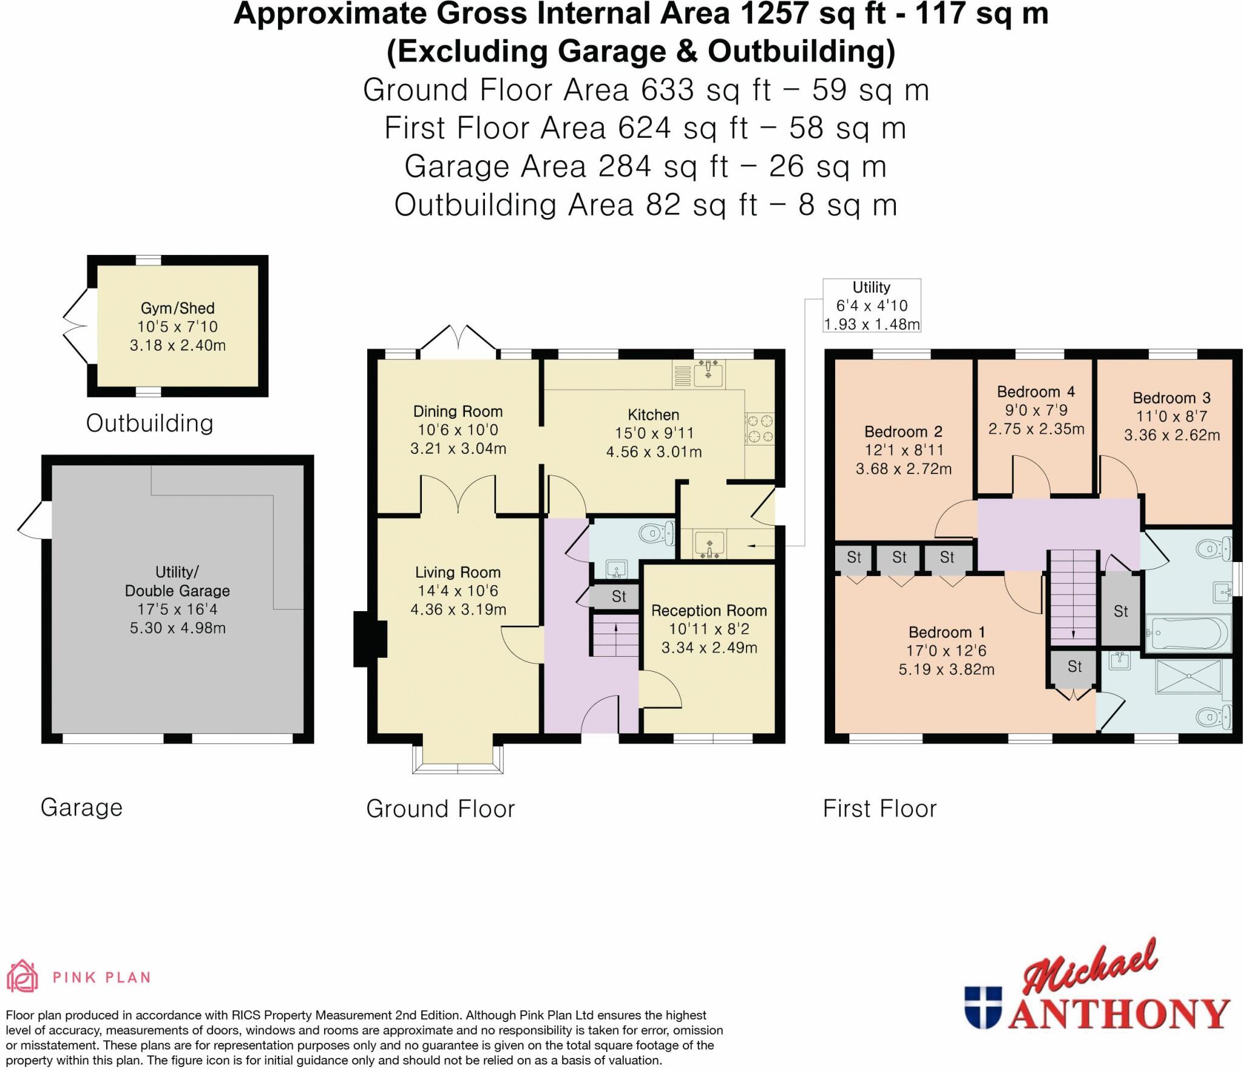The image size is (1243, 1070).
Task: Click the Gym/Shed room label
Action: click(177, 308)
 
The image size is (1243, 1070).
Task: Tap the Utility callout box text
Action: click(872, 305)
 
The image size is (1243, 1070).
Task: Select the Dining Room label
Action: click(458, 411)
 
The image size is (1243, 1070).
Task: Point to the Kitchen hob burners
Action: click(760, 428)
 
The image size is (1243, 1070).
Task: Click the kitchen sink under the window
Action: click(708, 372)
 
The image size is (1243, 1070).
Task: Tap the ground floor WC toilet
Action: click(657, 533)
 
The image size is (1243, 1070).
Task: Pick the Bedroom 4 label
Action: click(1035, 392)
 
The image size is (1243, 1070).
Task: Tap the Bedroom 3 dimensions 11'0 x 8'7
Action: click(1171, 416)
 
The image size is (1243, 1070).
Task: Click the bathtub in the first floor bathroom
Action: click(1187, 633)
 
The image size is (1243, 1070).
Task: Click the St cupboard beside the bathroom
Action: click(1120, 611)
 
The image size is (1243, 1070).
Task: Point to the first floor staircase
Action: click(1073, 597)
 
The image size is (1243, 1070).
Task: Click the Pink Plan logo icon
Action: click(22, 977)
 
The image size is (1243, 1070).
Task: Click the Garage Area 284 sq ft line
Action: click(645, 166)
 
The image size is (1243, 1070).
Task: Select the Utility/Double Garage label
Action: click(177, 581)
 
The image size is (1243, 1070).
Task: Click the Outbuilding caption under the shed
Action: click(149, 423)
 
